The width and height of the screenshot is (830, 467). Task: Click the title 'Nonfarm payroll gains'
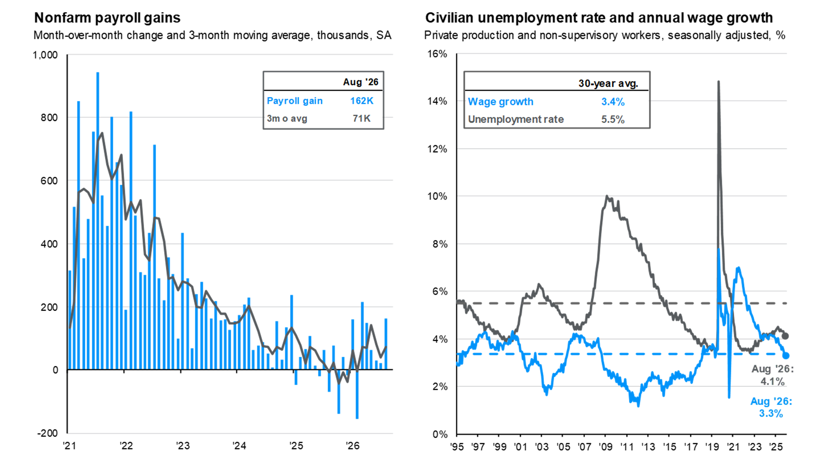(x=107, y=18)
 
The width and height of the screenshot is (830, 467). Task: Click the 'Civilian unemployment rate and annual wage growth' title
(x=599, y=18)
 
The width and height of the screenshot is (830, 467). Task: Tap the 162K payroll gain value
(x=362, y=101)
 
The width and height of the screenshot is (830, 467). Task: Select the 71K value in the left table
(x=362, y=119)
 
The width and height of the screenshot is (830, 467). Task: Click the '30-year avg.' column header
(x=608, y=83)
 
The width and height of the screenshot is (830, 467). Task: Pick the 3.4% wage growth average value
(x=613, y=102)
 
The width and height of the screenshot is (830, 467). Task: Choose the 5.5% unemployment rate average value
(x=613, y=120)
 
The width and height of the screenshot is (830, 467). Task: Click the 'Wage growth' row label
(x=500, y=102)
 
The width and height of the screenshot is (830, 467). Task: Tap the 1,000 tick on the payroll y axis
(x=45, y=55)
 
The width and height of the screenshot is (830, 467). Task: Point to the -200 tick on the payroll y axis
(x=48, y=433)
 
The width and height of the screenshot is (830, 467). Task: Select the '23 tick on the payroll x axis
(x=183, y=446)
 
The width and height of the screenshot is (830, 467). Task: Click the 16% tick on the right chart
(x=437, y=54)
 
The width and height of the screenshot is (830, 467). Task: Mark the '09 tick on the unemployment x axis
(x=605, y=447)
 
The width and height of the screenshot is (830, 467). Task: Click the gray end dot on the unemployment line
(x=785, y=336)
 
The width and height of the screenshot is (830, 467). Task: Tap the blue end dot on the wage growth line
(x=786, y=356)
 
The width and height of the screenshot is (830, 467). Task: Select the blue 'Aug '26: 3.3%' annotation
(x=771, y=407)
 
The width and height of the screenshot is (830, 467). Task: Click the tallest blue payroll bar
(x=98, y=221)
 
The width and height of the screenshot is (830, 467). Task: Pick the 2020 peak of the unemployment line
(x=719, y=82)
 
